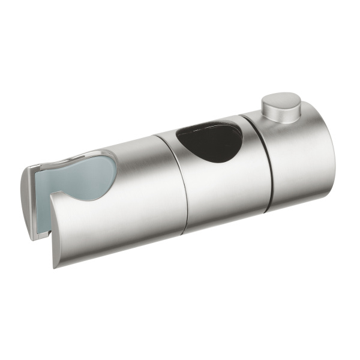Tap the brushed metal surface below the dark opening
(x=222, y=186)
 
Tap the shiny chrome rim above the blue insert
(x=90, y=155)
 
